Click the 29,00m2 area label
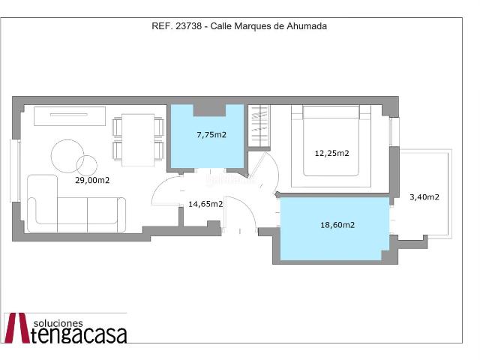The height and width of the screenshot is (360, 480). click(x=92, y=180)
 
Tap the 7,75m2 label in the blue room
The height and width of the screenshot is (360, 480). click(x=211, y=135)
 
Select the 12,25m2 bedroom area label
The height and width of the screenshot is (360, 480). click(x=331, y=153)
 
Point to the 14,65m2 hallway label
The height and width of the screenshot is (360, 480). click(x=205, y=204)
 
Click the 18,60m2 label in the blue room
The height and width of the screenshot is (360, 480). click(x=337, y=225)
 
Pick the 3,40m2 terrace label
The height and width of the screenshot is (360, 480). click(x=424, y=197)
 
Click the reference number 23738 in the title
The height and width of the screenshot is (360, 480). click(x=189, y=26)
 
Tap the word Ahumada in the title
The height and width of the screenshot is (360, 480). click(x=307, y=26)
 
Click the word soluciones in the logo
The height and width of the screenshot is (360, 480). click(x=58, y=323)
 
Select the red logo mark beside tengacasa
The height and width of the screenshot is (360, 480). click(x=17, y=328)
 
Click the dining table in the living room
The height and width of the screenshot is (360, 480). click(x=138, y=140)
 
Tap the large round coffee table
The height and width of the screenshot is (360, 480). click(x=67, y=156)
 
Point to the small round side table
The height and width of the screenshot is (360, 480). click(x=87, y=166)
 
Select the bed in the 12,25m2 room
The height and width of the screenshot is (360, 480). click(x=331, y=141)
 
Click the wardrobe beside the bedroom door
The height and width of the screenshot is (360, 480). click(x=259, y=127)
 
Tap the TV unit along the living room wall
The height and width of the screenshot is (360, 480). click(x=70, y=116)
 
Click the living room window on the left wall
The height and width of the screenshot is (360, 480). click(x=15, y=171)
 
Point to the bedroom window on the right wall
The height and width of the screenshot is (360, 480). click(x=394, y=132)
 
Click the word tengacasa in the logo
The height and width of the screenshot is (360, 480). click(x=79, y=335)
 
